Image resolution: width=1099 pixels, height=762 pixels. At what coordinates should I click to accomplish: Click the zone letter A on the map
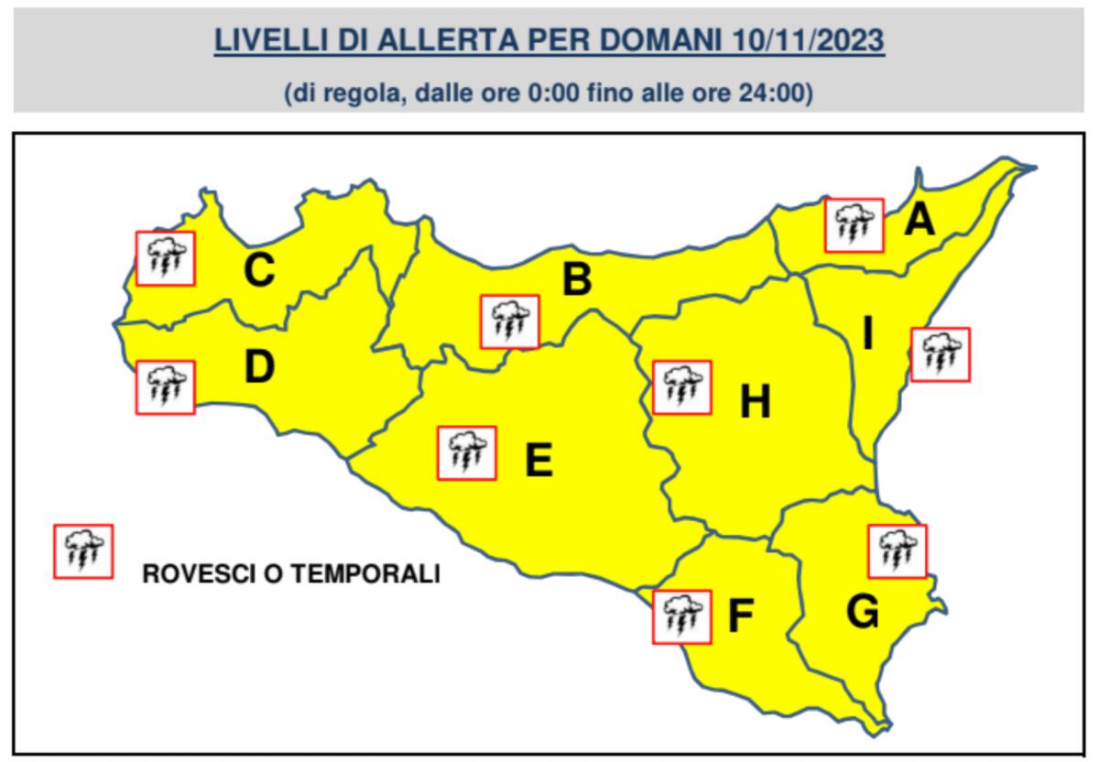919,220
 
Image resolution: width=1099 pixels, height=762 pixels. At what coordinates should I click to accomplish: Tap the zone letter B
576,279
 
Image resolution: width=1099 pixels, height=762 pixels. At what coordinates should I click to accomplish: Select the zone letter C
259,270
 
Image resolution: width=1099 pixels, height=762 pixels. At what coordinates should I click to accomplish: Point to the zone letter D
259,366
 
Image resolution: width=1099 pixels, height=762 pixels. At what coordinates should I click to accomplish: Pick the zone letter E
538,461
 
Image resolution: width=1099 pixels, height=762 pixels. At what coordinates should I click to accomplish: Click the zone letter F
740,616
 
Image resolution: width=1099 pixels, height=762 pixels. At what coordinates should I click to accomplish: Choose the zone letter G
863,611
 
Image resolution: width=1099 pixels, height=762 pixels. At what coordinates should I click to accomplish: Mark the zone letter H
755,402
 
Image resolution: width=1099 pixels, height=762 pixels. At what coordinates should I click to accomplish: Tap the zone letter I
866,335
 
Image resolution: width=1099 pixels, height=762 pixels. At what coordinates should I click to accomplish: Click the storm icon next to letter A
854,225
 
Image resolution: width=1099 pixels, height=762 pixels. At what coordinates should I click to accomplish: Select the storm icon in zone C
165,258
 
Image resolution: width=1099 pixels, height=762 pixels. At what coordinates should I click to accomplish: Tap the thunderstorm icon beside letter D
165,387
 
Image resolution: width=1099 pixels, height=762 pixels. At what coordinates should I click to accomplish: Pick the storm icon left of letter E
467,453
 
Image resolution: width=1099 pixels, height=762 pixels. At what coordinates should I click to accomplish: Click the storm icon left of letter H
681,387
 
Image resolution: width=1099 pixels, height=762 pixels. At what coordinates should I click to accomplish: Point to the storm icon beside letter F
681,616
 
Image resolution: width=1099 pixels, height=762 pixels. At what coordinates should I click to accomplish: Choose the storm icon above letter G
897,551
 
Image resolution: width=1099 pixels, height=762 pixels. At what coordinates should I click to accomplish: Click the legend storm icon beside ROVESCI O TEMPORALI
83,551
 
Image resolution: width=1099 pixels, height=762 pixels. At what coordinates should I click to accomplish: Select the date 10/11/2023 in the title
810,42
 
